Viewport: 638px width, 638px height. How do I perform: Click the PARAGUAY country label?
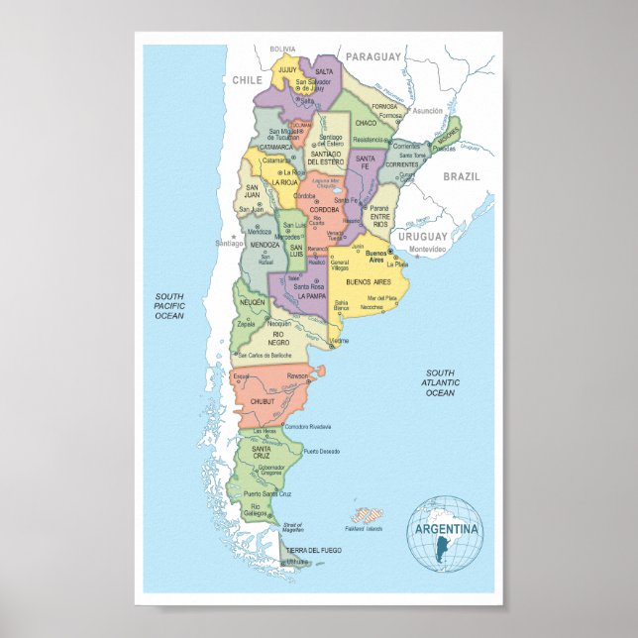(x=373, y=56)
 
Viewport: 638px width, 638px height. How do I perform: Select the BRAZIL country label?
(x=461, y=175)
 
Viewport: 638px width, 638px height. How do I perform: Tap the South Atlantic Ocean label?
(x=441, y=382)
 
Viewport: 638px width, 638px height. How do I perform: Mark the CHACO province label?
(x=366, y=123)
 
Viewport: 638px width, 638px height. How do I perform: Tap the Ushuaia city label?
(x=297, y=562)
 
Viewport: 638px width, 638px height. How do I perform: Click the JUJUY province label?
(x=287, y=71)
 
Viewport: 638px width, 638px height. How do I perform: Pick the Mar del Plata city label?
(x=382, y=297)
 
